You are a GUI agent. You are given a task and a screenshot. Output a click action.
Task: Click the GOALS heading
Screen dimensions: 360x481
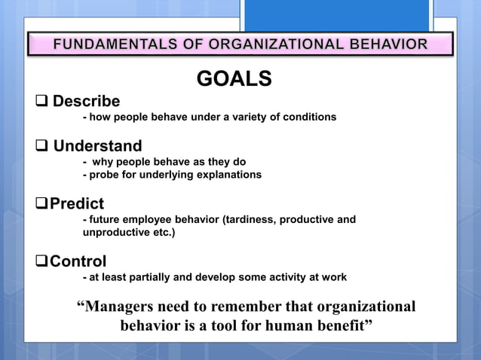coord(234,78)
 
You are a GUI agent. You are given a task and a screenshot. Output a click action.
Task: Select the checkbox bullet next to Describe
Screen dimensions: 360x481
coord(41,101)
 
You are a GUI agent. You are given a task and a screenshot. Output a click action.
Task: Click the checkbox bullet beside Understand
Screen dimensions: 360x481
coord(41,145)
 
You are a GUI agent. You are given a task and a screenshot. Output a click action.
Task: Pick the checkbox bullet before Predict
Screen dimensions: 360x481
coord(41,204)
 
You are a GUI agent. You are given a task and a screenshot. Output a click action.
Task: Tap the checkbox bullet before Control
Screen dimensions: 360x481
coord(41,261)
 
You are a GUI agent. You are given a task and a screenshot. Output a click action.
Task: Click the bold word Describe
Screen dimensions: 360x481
coord(86,101)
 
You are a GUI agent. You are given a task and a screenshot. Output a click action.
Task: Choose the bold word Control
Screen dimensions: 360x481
coord(78,261)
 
